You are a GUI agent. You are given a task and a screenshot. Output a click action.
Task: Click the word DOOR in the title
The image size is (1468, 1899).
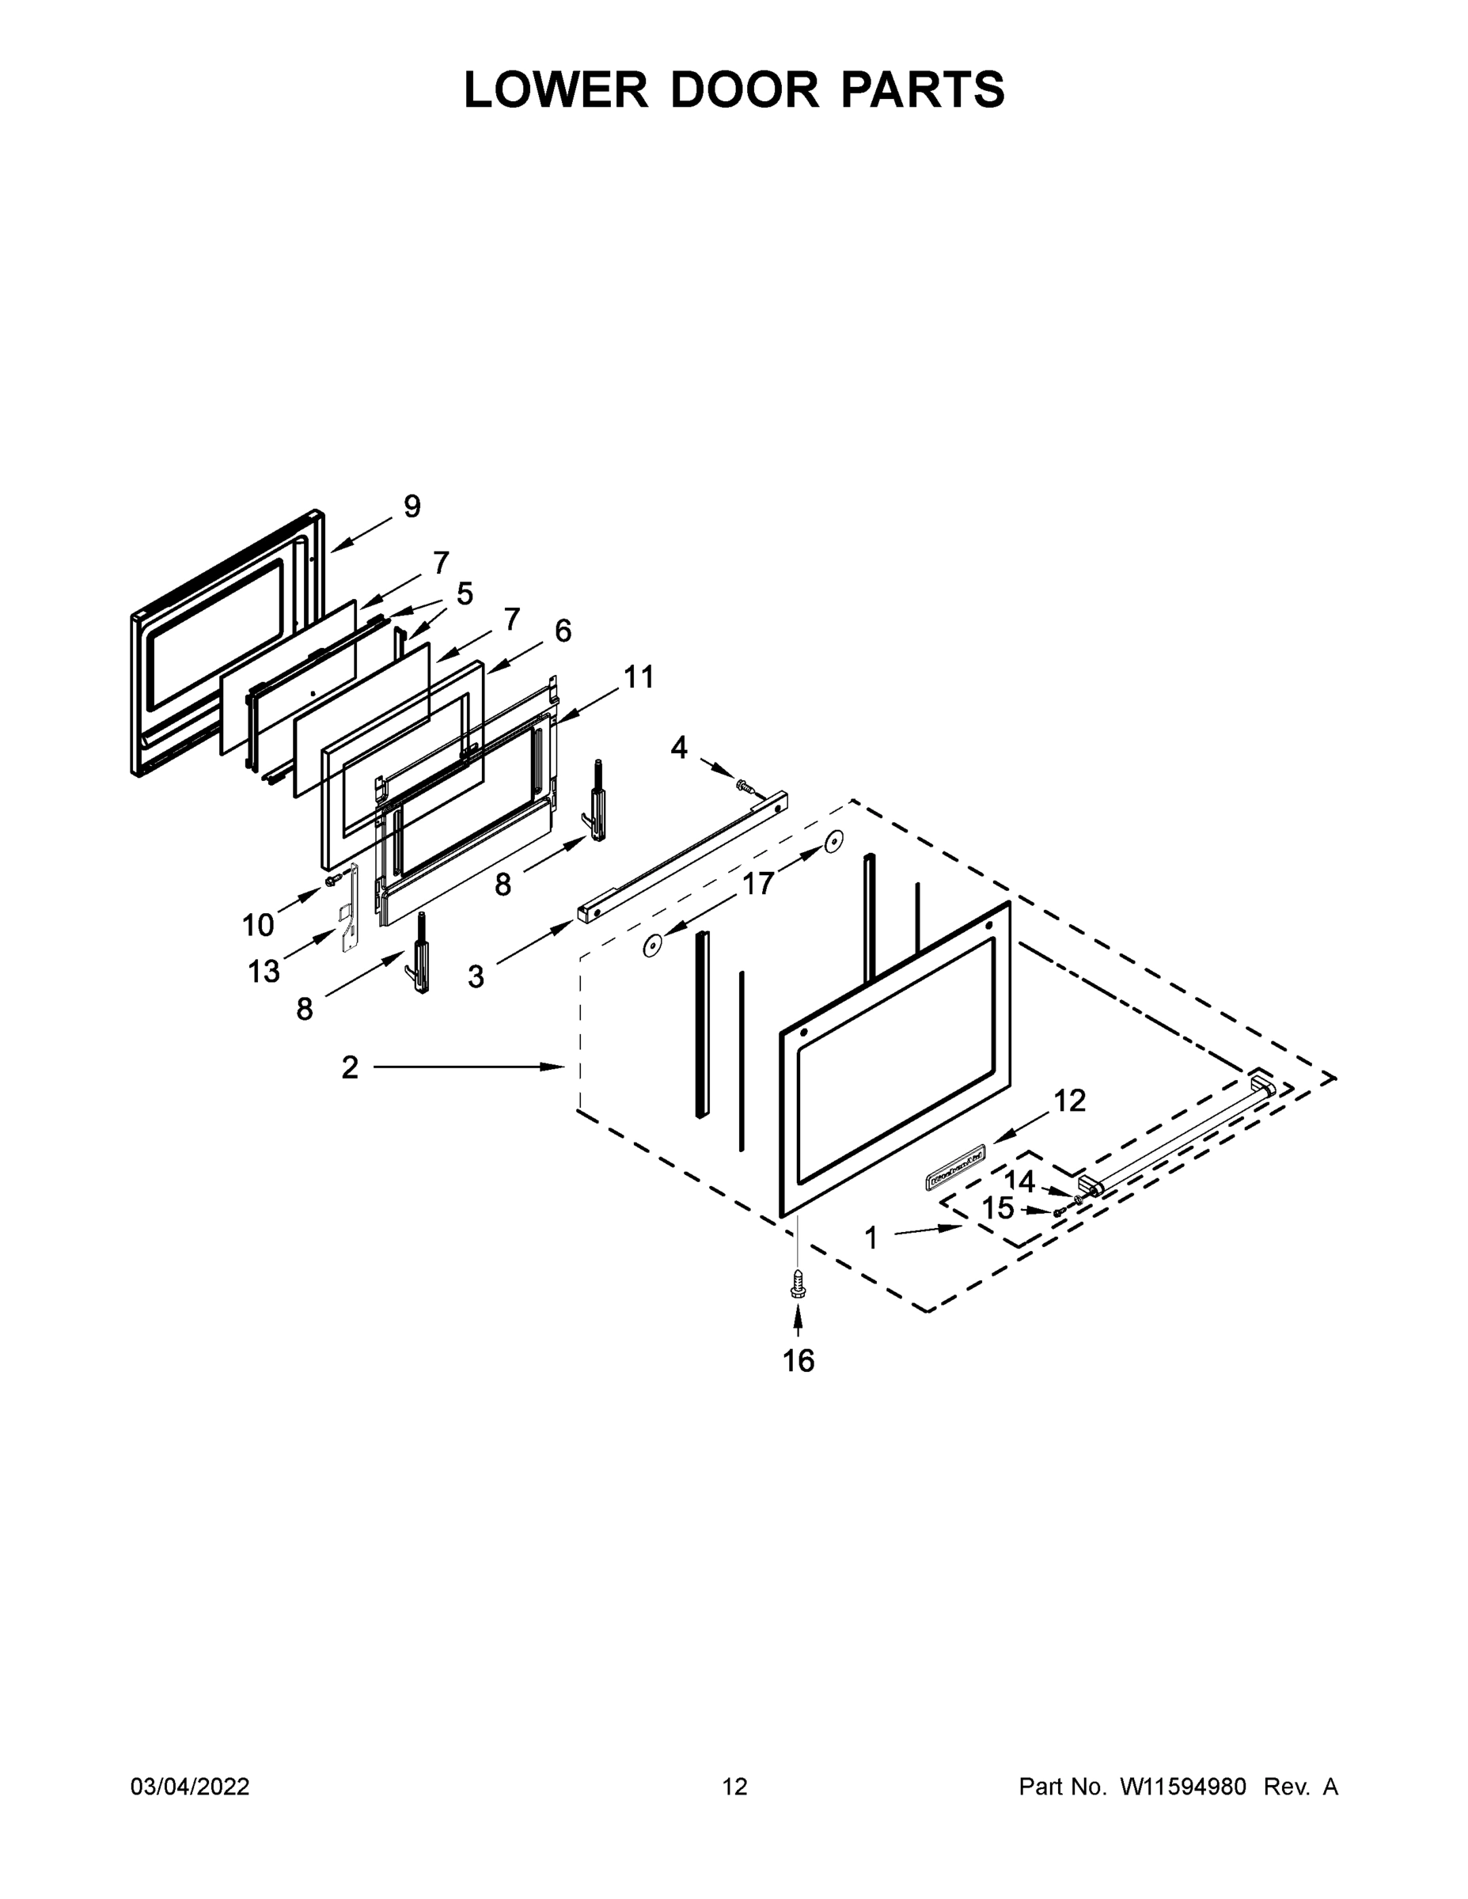[745, 89]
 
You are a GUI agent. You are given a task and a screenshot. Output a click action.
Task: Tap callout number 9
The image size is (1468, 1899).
[412, 506]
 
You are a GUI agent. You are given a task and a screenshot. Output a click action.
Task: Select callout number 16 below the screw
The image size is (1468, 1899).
[798, 1361]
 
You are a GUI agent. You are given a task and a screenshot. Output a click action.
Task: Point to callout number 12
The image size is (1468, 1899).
[1070, 1101]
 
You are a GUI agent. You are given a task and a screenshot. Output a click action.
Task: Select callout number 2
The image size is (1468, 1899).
[350, 1067]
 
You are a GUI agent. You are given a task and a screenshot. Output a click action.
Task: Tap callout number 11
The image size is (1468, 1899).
[639, 677]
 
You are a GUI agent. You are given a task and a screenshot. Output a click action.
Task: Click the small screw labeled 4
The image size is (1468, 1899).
[744, 785]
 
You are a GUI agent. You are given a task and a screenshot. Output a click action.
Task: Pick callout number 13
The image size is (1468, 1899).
[264, 971]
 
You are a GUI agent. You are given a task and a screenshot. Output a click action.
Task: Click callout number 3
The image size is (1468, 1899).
[476, 976]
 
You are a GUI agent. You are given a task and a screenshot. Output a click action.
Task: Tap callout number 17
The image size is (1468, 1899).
[757, 883]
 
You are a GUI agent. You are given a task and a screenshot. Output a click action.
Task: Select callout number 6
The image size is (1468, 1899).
[563, 631]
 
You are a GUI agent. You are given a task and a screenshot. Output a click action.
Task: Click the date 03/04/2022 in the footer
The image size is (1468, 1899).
[190, 1786]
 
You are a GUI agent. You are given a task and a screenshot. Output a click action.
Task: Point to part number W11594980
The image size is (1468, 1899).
[1183, 1786]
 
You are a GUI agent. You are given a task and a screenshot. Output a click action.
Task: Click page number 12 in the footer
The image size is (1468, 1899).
[735, 1786]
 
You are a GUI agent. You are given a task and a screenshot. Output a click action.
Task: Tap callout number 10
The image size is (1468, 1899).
[257, 925]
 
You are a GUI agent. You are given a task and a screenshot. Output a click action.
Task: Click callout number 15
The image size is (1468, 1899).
[999, 1208]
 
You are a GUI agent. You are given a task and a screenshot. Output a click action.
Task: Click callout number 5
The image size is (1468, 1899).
[465, 594]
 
